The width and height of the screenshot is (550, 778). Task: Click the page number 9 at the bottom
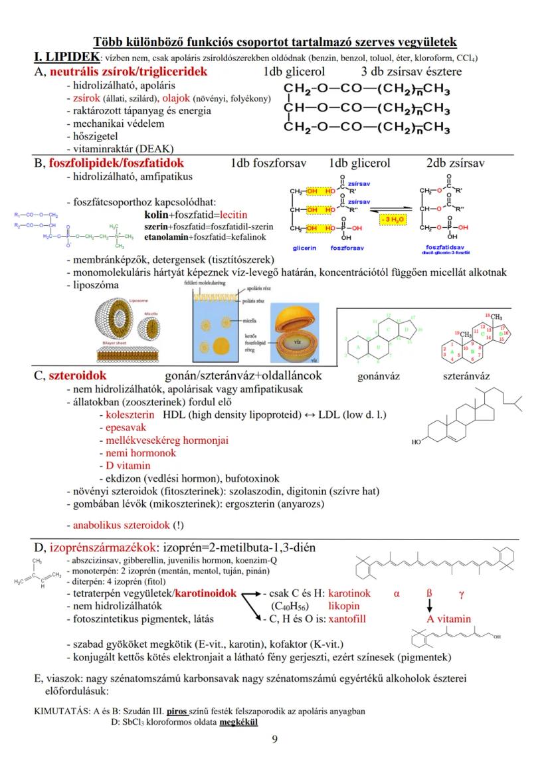[x=275, y=739]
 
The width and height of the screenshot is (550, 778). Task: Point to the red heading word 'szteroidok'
[x=73, y=376]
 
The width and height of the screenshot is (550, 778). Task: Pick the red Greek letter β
[x=429, y=593]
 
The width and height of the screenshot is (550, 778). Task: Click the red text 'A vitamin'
[x=449, y=619]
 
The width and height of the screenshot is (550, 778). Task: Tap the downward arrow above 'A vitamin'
[x=429, y=606]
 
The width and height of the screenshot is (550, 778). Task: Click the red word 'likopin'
[x=343, y=606]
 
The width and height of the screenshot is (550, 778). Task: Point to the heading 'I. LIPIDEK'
[x=66, y=56]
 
